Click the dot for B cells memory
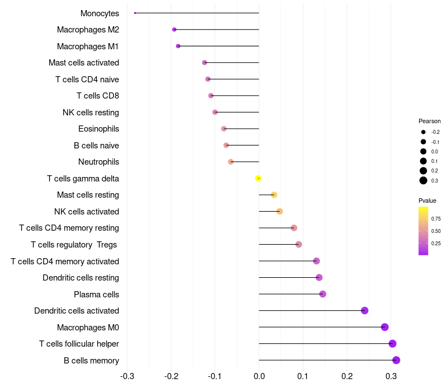pyautogui.click(x=396, y=360)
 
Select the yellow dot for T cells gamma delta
pyautogui.click(x=258, y=178)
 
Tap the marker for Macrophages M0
pyautogui.click(x=384, y=327)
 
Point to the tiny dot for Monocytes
pyautogui.click(x=135, y=13)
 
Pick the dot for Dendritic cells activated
pyautogui.click(x=365, y=311)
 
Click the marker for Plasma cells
pyautogui.click(x=322, y=294)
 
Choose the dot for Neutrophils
pyautogui.click(x=231, y=162)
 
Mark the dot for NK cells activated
pyautogui.click(x=279, y=211)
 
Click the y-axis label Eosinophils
pyautogui.click(x=98, y=129)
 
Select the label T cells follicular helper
pyautogui.click(x=79, y=344)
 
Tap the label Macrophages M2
pyautogui.click(x=88, y=30)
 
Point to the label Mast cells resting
pyautogui.click(x=88, y=195)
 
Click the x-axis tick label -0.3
pyautogui.click(x=127, y=375)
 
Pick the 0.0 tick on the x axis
pyautogui.click(x=259, y=375)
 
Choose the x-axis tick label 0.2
pyautogui.click(x=347, y=375)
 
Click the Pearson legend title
pyautogui.click(x=429, y=121)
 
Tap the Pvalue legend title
pyautogui.click(x=427, y=200)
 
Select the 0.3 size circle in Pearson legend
pyautogui.click(x=424, y=180)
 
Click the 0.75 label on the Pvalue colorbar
pyautogui.click(x=436, y=219)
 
